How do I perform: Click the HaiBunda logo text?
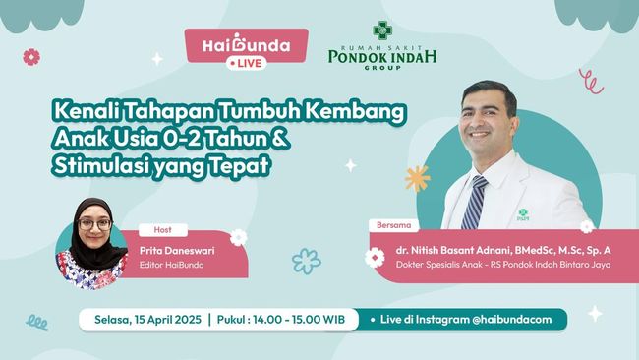coord(247,45)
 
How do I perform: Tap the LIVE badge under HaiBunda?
coord(247,63)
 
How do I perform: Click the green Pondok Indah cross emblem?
coord(381,30)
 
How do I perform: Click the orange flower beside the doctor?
coord(417,178)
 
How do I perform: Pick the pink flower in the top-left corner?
coord(31,57)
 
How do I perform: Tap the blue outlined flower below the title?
coord(306,262)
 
